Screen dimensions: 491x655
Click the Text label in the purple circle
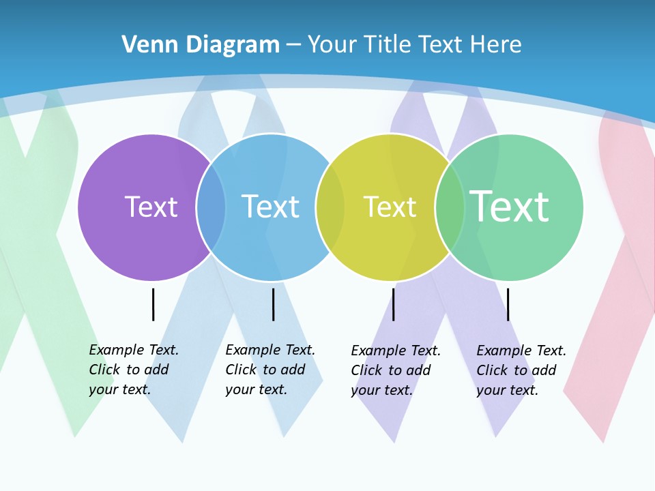pos(151,207)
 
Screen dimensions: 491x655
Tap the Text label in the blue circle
pos(270,207)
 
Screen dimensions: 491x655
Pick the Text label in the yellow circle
pos(390,207)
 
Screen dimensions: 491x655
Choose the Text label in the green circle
pos(509,207)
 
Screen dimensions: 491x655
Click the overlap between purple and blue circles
pos(211,207)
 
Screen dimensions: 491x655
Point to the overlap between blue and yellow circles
pos(330,207)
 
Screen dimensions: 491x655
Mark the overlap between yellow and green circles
pos(450,207)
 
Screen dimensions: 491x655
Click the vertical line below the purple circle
pos(153,304)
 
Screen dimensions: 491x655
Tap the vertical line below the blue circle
pos(273,304)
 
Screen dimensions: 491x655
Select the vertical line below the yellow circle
pos(393,304)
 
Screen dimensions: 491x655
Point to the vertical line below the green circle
pos(508,304)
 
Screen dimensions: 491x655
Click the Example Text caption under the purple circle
pos(134,370)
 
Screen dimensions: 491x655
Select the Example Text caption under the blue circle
pos(270,370)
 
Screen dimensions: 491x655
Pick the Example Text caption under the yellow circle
pos(396,370)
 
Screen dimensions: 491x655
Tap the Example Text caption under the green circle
pos(521,370)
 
